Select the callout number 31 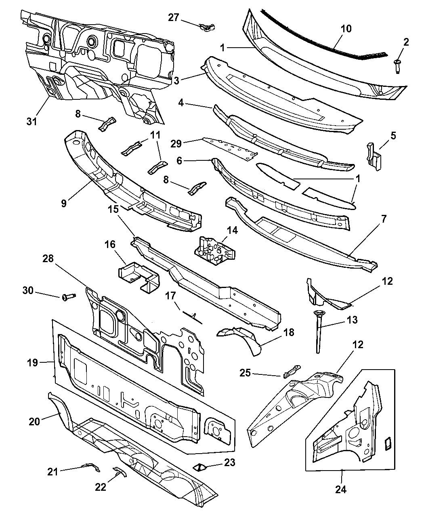32,121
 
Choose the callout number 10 346,28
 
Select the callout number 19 32,362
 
